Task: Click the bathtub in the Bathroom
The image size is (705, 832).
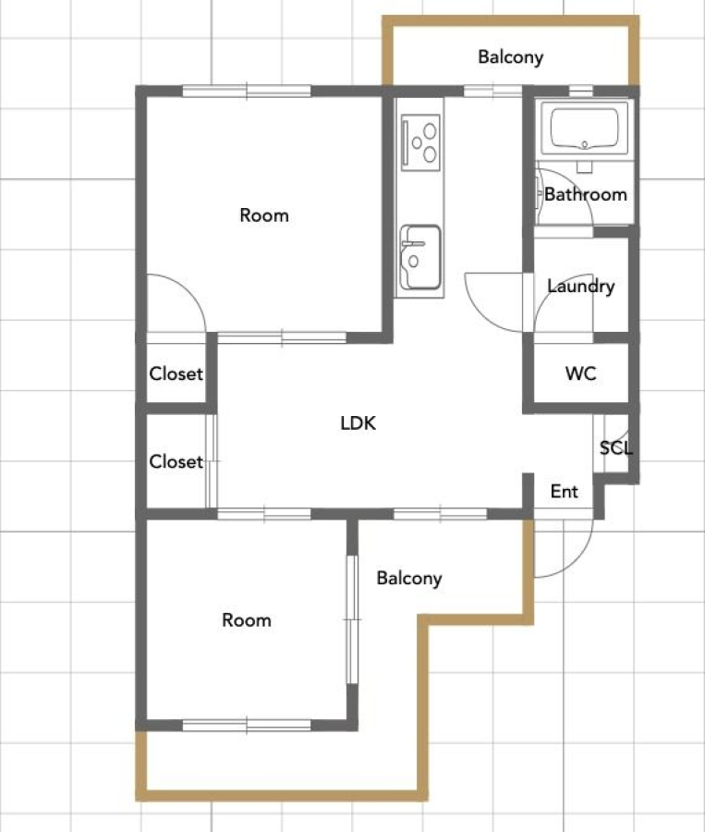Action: [584, 128]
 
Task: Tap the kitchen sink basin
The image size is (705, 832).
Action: [420, 257]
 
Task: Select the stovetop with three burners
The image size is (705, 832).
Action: [420, 142]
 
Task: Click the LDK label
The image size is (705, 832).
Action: [359, 422]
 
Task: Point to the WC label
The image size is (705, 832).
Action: [580, 373]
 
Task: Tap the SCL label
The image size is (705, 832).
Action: [616, 448]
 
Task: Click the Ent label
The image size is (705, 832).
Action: [564, 492]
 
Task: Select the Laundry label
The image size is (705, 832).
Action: [581, 287]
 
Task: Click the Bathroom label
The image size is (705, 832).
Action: [586, 194]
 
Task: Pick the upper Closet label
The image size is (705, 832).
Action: [176, 373]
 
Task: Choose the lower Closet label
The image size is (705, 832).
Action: [176, 461]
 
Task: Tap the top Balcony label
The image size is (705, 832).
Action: [510, 56]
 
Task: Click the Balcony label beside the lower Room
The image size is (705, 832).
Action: [409, 578]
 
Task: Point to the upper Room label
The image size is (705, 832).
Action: [264, 214]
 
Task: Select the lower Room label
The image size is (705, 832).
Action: [247, 619]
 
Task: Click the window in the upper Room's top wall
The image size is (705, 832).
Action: [247, 91]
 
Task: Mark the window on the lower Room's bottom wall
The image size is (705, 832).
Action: [247, 725]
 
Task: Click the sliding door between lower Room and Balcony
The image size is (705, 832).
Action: [352, 619]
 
